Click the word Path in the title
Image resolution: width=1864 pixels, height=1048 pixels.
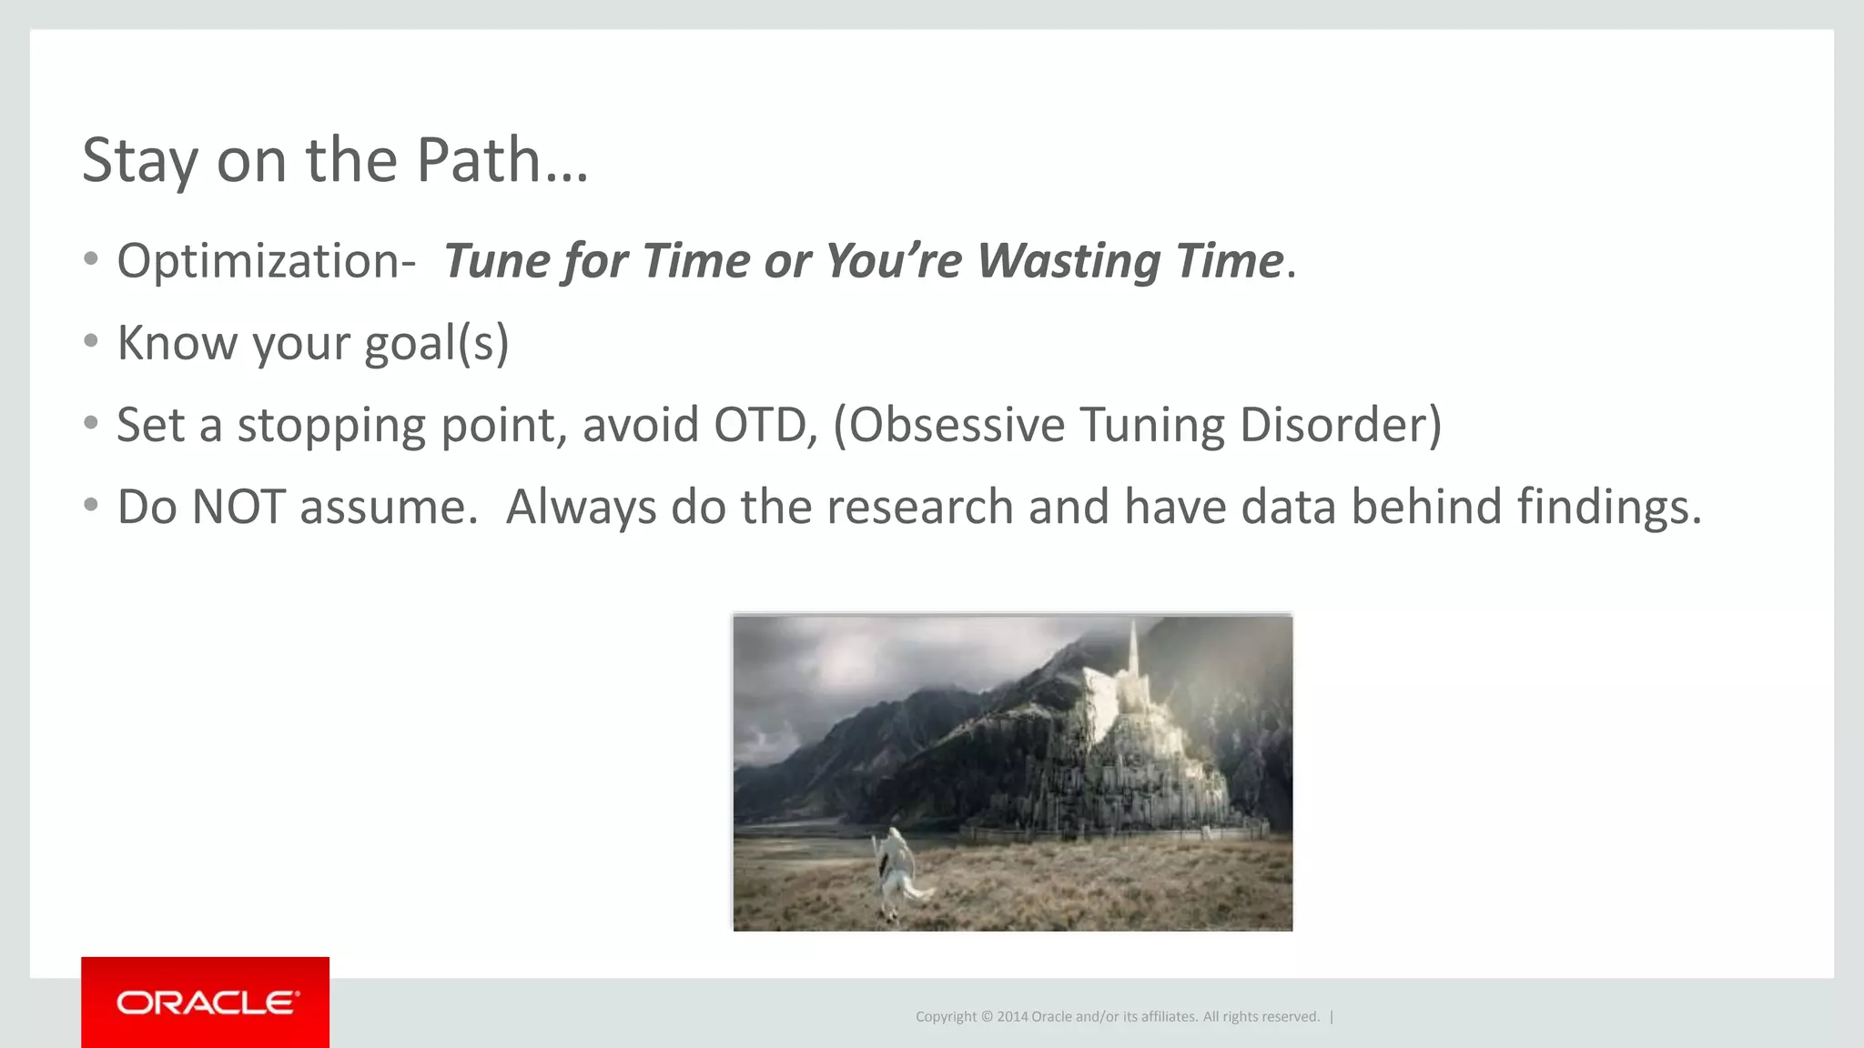[479, 160]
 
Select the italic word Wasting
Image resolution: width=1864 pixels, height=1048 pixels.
[1069, 261]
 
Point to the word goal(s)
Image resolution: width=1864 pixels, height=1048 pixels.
[436, 344]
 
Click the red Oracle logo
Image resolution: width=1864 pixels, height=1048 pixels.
[206, 1003]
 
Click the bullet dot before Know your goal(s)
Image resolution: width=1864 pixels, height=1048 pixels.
[90, 341]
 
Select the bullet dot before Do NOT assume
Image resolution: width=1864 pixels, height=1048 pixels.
[90, 505]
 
